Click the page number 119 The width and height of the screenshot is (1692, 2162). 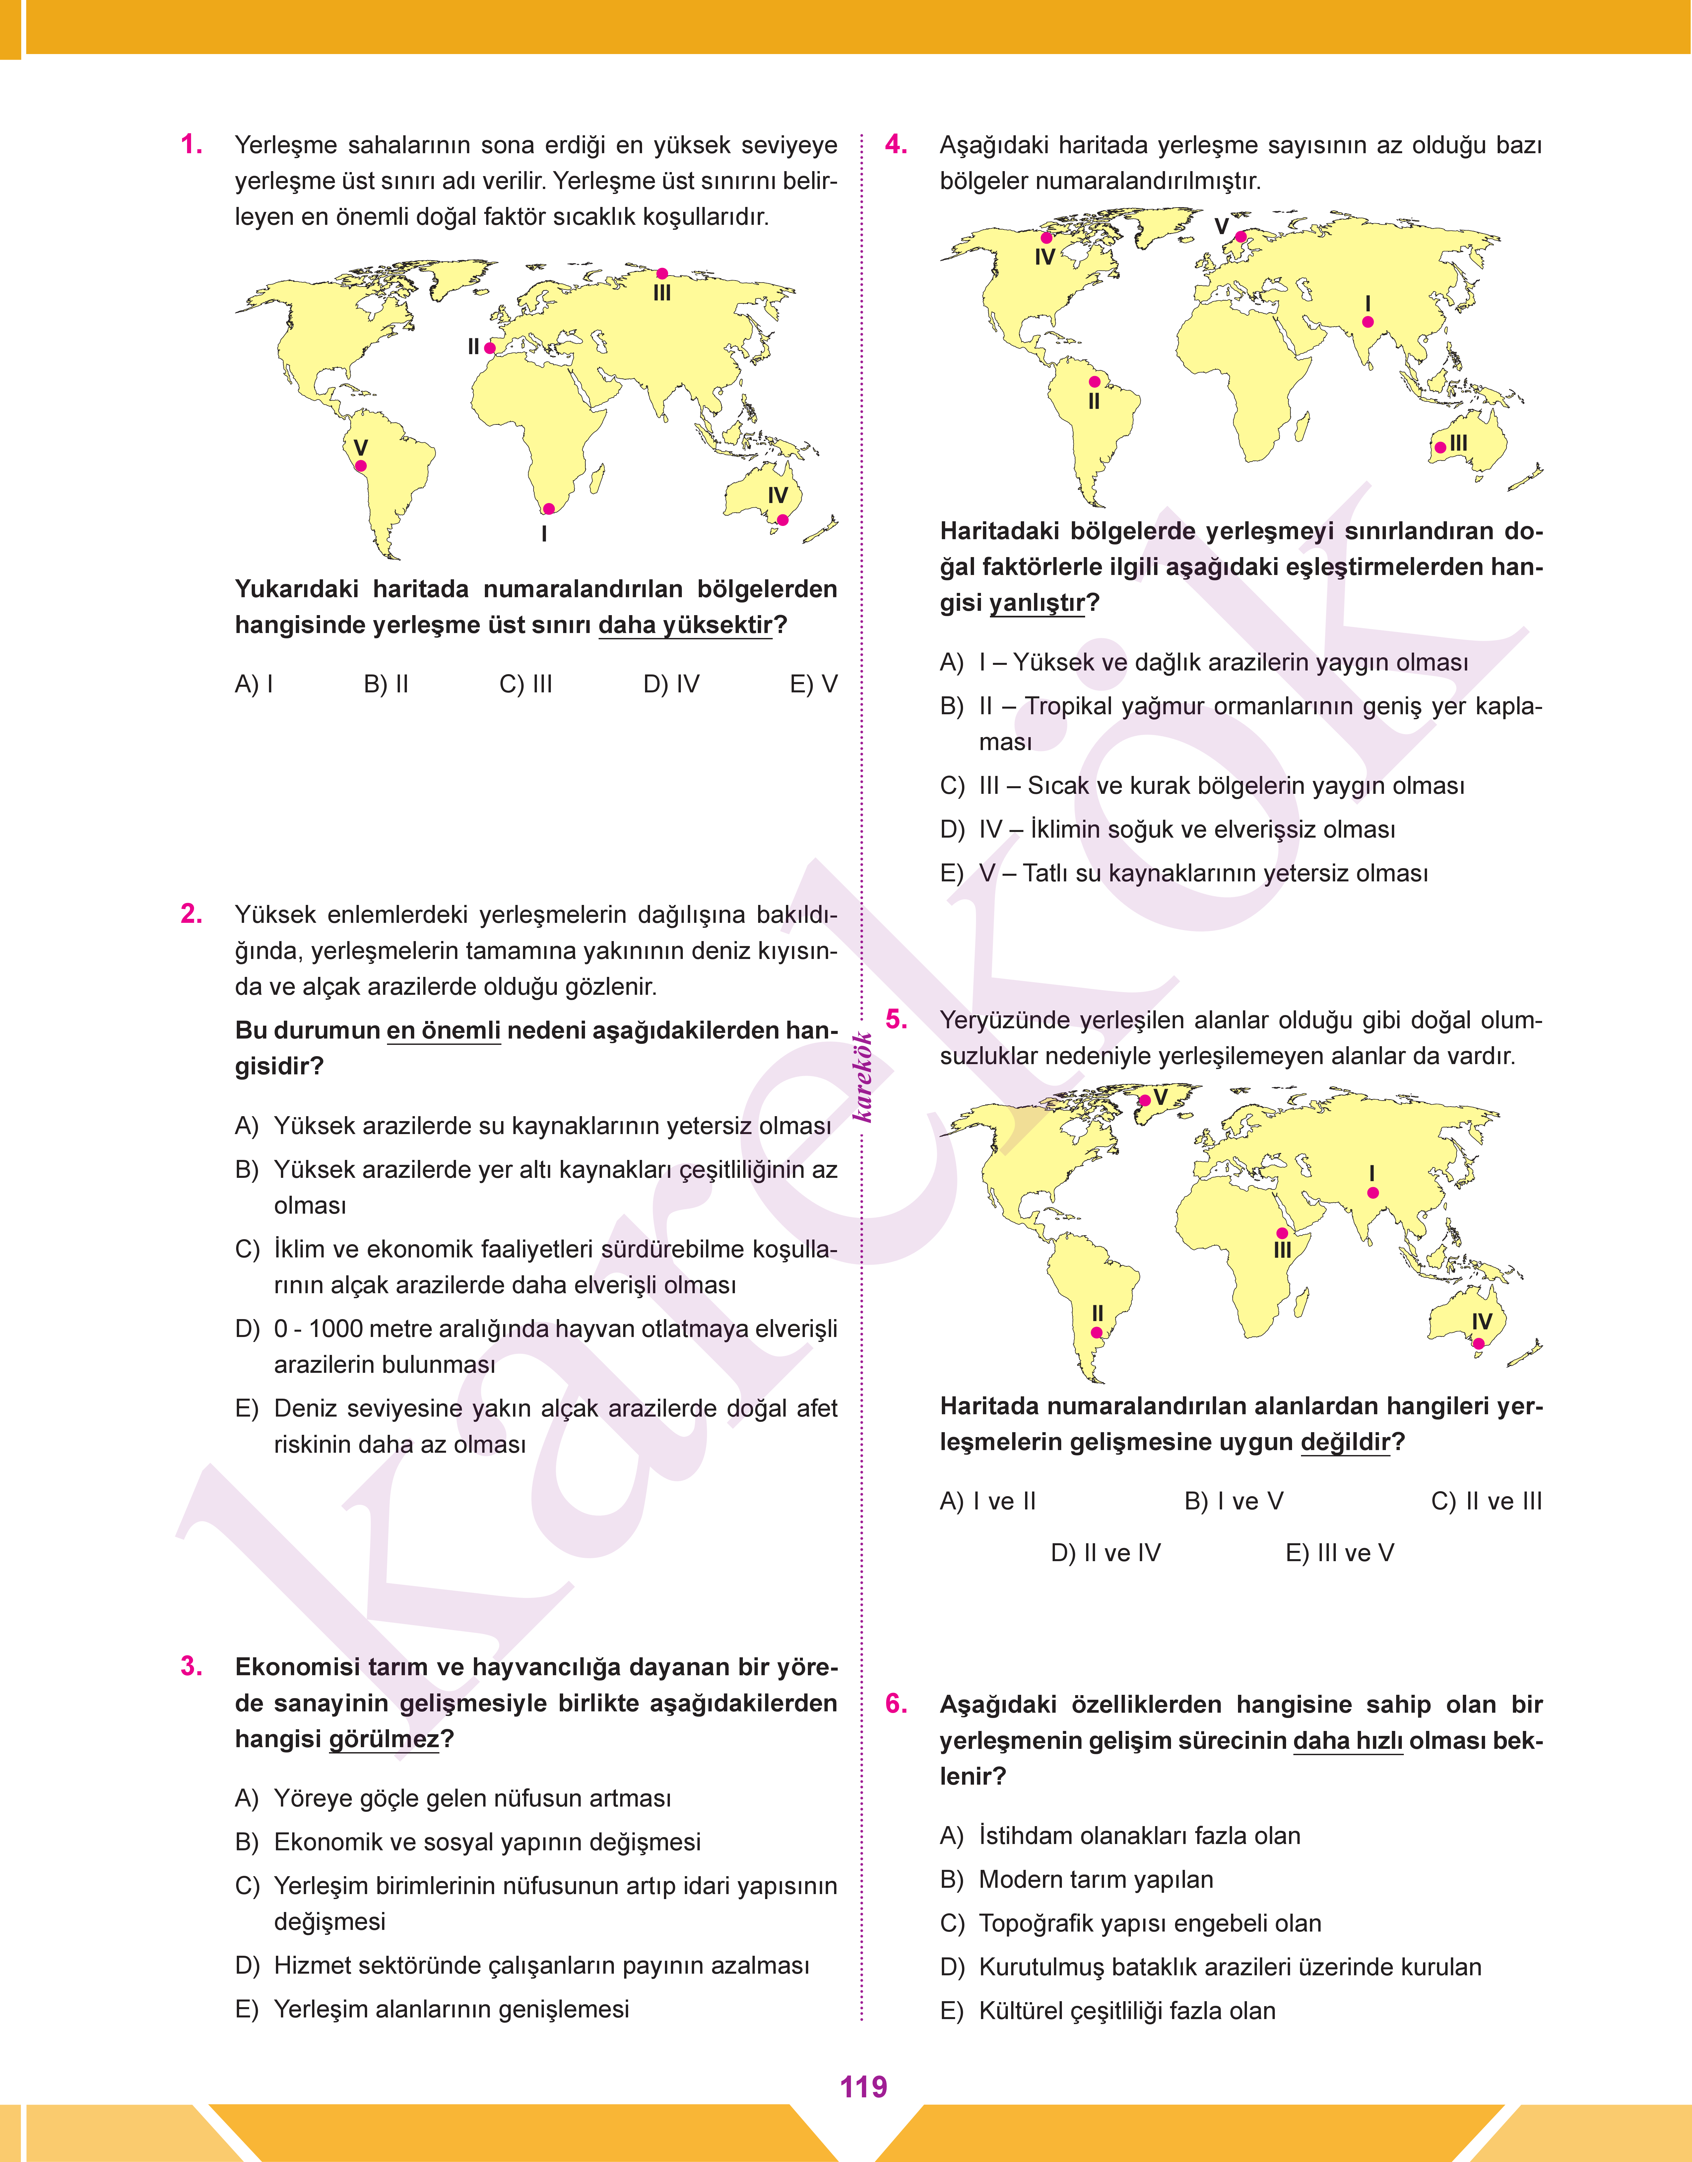coord(863,2087)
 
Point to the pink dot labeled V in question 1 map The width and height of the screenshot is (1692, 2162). coord(360,466)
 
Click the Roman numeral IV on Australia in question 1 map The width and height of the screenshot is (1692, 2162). coord(778,495)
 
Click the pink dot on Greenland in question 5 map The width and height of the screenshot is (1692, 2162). coord(1145,1100)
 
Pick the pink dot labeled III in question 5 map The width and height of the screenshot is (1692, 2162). coord(1282,1233)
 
